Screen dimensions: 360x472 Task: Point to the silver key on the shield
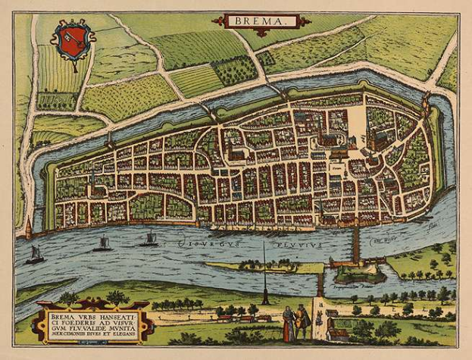point(73,37)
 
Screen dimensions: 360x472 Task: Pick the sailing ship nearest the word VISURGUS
point(149,239)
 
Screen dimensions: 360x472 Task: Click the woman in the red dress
point(288,324)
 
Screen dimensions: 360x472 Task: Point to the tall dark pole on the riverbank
point(264,273)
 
